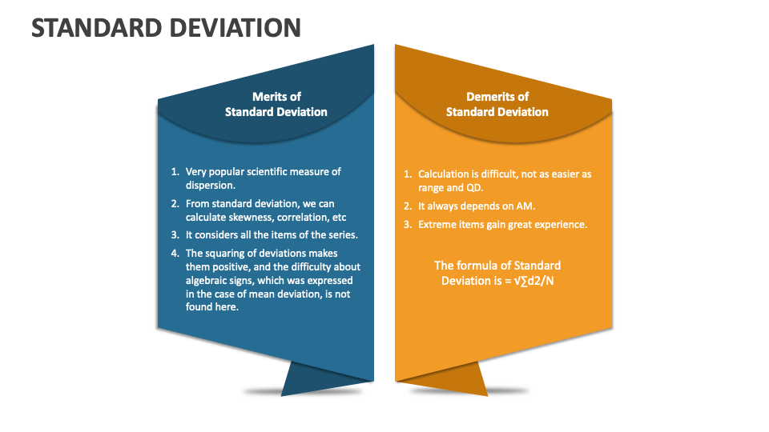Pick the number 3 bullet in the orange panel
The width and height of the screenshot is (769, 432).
tap(408, 225)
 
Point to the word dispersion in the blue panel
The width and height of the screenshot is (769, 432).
tap(211, 186)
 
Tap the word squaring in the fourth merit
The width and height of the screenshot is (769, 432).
tap(225, 254)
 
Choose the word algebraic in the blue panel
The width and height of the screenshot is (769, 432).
tap(206, 281)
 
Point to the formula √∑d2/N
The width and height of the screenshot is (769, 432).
tap(533, 281)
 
